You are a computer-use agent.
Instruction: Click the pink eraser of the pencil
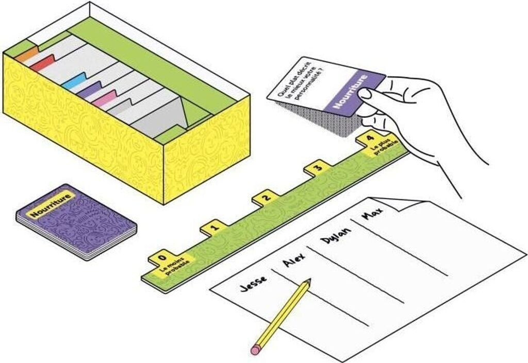(x=255, y=350)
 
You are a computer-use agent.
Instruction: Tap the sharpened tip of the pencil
(x=309, y=281)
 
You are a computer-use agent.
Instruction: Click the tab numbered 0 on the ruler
(x=162, y=255)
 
